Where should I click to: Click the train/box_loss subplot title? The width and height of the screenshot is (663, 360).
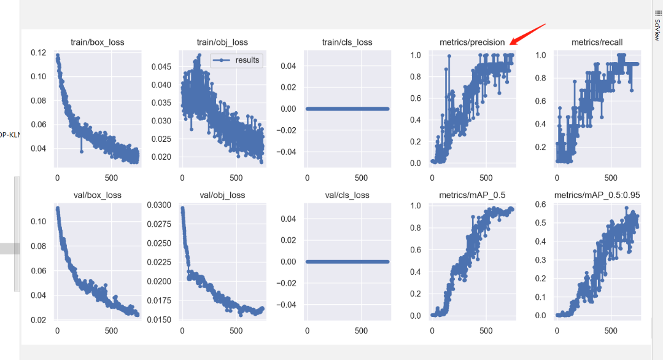[98, 42]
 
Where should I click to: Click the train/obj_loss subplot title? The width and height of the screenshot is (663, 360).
[222, 42]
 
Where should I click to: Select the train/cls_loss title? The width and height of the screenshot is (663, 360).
[347, 42]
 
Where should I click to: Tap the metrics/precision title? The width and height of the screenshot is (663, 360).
[472, 42]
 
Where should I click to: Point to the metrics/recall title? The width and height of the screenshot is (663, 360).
[597, 42]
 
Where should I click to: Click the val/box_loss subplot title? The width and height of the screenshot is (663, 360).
[98, 195]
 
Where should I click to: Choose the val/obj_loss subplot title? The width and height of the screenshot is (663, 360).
[222, 195]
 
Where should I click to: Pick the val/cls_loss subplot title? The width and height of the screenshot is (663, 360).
[347, 195]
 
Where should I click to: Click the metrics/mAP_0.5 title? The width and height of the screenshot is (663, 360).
[472, 195]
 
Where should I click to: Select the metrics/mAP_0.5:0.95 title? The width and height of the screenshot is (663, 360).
[597, 195]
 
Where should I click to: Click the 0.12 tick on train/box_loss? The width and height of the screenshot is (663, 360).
[38, 53]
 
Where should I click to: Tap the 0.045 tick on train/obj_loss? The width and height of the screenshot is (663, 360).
[161, 66]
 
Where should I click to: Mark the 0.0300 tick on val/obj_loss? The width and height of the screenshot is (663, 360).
[158, 205]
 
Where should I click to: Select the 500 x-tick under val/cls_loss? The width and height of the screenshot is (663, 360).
[362, 331]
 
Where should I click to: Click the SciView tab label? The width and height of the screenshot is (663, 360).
[657, 24]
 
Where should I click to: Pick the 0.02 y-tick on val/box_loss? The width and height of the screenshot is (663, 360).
[38, 319]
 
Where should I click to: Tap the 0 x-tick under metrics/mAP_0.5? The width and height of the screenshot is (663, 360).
[432, 331]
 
